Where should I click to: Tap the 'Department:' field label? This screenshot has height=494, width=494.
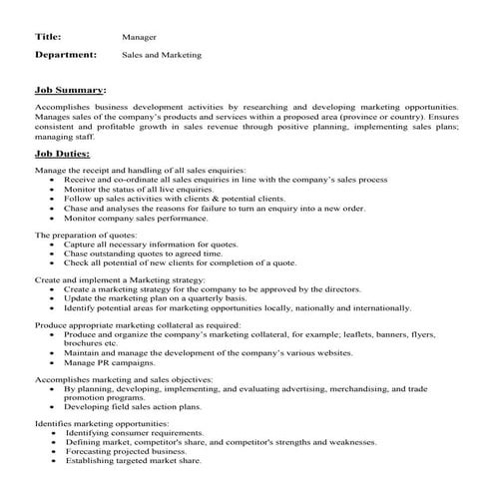pyautogui.click(x=66, y=55)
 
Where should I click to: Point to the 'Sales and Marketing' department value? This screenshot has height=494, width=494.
pyautogui.click(x=162, y=55)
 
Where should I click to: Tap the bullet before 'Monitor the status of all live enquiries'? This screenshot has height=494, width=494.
pyautogui.click(x=52, y=190)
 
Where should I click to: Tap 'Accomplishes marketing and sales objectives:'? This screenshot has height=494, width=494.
pyautogui.click(x=124, y=381)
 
